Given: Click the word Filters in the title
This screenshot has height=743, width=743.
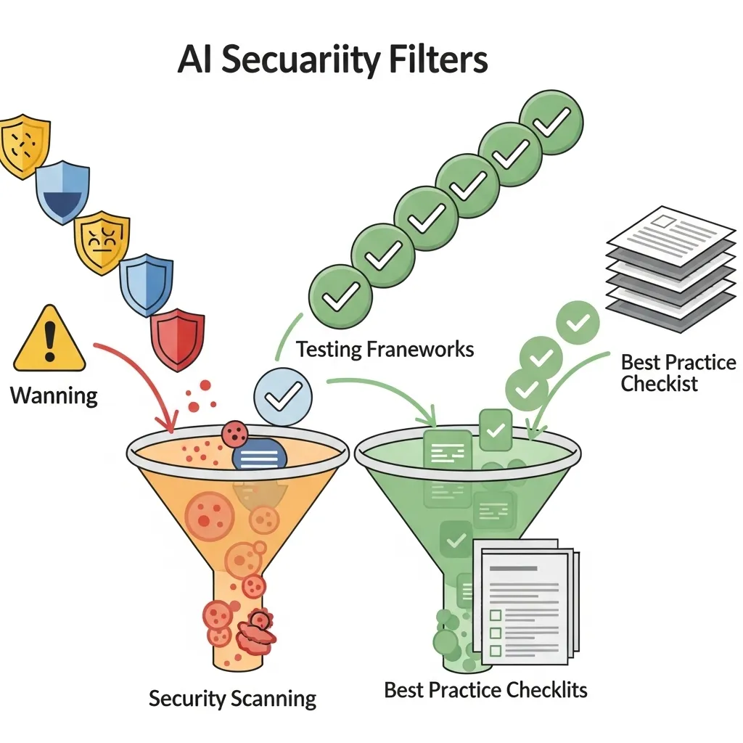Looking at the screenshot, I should tap(440, 60).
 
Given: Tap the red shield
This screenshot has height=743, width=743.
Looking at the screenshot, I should tap(177, 339).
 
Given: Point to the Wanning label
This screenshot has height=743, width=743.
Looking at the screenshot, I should tap(54, 395).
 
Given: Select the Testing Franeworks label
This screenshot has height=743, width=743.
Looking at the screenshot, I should tap(385, 349).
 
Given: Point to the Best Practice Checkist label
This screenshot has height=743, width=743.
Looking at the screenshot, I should tap(678, 372).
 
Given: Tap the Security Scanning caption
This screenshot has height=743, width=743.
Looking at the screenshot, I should tap(232, 699).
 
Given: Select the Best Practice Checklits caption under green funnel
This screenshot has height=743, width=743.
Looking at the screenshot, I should tap(485, 689).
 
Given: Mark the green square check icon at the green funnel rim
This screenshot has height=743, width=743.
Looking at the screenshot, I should tap(496, 430).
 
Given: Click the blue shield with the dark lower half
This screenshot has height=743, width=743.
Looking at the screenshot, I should tap(62, 190).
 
